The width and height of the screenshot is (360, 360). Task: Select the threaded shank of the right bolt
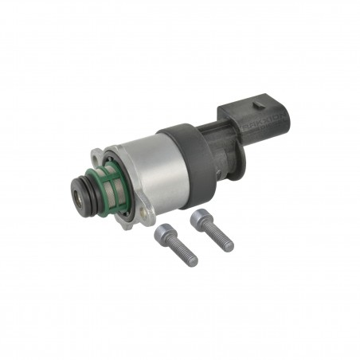coord(217,235)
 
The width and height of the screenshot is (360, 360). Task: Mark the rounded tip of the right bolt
coord(230,246)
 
